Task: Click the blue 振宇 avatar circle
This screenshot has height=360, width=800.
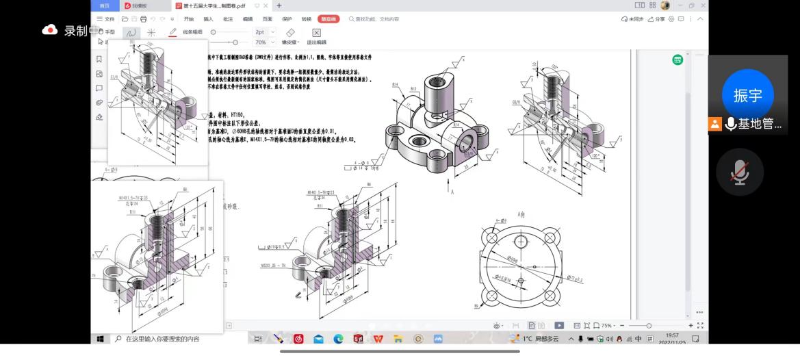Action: (747, 95)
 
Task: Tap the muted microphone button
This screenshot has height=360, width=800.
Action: (739, 172)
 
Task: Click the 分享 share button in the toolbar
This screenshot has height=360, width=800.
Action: (656, 19)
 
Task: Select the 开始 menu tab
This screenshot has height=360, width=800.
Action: (188, 19)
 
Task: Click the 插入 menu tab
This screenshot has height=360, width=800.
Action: (208, 19)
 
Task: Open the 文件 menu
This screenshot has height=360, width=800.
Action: (105, 19)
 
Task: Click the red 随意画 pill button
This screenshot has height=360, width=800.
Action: (328, 19)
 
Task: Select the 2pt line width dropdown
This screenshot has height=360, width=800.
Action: (264, 32)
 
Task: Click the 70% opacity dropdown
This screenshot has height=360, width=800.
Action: (264, 42)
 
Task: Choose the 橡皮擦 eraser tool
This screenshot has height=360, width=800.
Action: (289, 36)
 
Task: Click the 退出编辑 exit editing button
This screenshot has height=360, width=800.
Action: (316, 36)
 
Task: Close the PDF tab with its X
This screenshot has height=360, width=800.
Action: (266, 5)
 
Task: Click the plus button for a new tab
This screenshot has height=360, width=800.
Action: (279, 5)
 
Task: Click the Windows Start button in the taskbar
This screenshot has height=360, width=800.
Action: (100, 339)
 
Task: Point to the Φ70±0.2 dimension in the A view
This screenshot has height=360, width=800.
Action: (571, 279)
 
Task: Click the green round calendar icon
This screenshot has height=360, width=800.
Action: (677, 60)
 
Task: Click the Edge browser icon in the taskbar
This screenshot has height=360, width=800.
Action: (338, 339)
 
